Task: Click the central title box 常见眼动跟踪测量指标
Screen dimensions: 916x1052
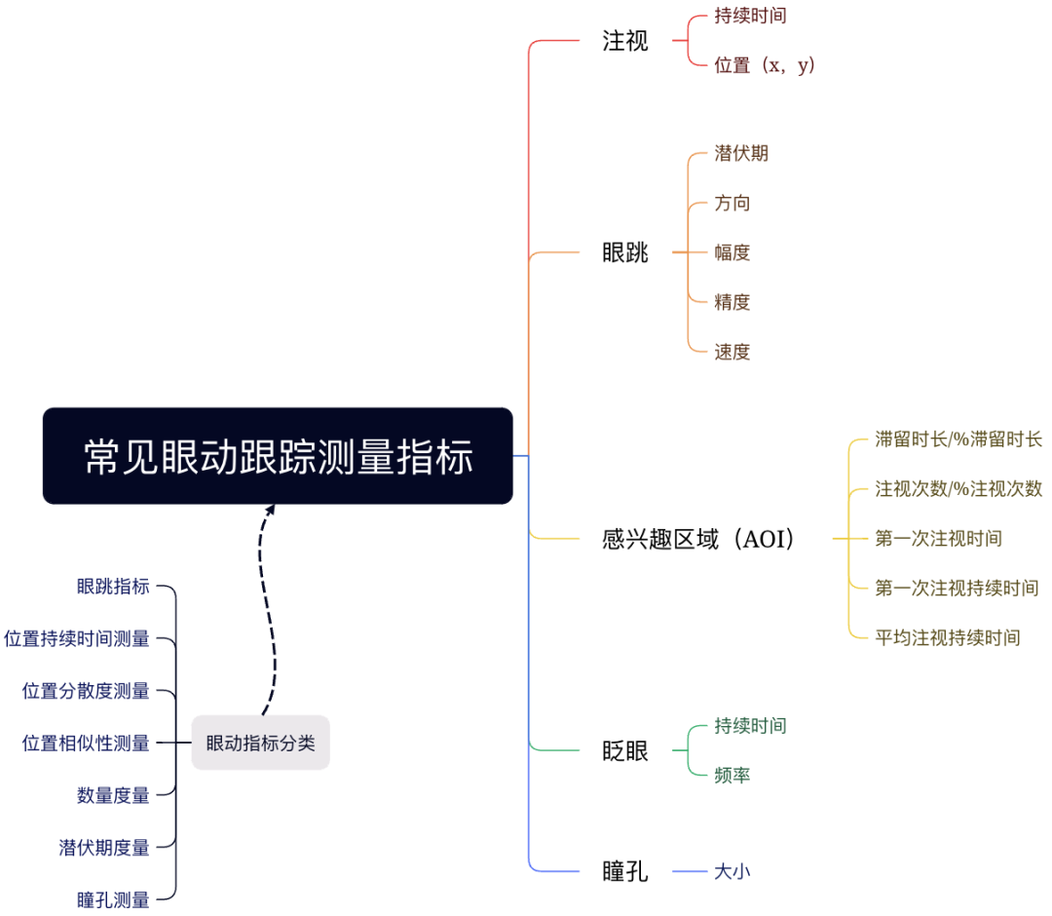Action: [278, 456]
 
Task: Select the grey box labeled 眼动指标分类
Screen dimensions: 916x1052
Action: [260, 743]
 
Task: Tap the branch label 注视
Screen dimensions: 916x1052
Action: [624, 42]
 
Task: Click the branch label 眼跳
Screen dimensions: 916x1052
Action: [624, 253]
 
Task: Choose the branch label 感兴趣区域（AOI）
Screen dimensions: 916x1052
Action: [698, 539]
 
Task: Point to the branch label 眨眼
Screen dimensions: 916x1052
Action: [624, 751]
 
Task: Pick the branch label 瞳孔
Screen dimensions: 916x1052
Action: [624, 871]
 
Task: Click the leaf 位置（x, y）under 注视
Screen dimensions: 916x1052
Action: [764, 66]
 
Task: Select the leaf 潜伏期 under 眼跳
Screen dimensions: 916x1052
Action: [741, 154]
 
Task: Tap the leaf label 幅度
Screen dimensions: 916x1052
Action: [732, 253]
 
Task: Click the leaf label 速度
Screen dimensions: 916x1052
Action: [732, 352]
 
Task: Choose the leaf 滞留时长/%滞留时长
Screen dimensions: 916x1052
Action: [958, 439]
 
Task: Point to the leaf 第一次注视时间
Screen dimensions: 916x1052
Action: [938, 539]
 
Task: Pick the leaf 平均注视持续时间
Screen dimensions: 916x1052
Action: [947, 638]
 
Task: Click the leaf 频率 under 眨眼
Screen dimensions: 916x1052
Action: [732, 776]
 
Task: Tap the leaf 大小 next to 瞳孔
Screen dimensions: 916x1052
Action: [732, 871]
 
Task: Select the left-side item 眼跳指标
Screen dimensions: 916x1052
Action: [113, 587]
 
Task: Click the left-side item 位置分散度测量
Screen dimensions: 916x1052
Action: [86, 691]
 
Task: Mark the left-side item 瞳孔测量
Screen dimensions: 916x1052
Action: [113, 899]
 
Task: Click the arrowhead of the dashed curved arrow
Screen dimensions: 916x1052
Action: [270, 509]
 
